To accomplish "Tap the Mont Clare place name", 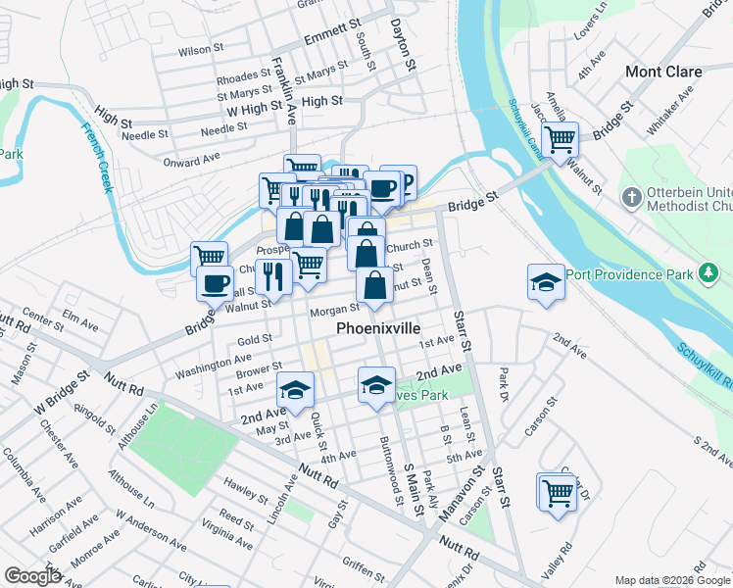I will pos(663,72).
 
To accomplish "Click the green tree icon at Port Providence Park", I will pos(709,273).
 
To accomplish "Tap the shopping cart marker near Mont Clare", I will pos(560,139).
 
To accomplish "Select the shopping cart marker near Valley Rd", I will pos(557,492).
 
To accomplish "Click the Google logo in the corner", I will pos(32,576).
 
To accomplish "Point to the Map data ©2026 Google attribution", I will pos(671,580).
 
